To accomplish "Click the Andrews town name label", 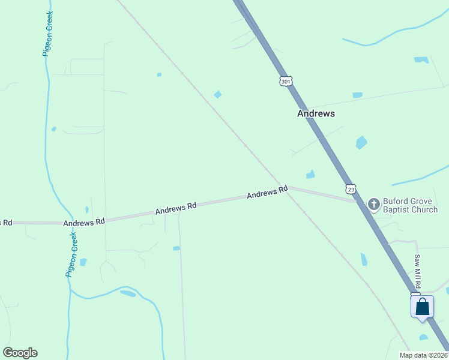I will [316, 113].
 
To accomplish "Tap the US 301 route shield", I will [286, 80].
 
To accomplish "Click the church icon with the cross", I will [373, 205].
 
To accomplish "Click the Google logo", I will [20, 353].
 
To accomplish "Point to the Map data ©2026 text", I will [423, 355].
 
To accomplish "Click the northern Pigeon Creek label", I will [49, 34].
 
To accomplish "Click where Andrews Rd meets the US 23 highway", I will [358, 202].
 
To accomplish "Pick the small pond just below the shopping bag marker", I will [424, 337].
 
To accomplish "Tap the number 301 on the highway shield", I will [286, 80].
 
